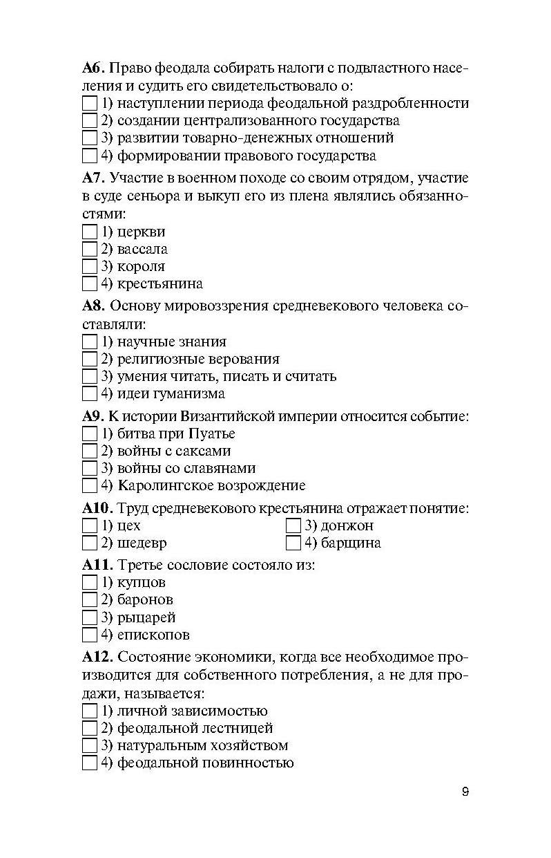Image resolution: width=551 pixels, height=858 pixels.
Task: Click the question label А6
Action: pos(93,68)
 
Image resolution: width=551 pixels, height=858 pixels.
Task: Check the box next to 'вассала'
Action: pos(90,250)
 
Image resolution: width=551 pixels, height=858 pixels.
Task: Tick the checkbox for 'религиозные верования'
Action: pos(90,360)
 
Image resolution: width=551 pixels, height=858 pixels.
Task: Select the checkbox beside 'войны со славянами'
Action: pos(90,469)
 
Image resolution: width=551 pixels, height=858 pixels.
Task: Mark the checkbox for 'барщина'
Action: pos(293,543)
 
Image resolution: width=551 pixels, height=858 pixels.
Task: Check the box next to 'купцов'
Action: pos(90,583)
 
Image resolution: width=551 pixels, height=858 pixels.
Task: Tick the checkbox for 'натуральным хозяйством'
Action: pos(90,746)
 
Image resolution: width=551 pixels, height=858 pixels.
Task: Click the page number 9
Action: pos(465,792)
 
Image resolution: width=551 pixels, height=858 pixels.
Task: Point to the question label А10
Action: pos(97,509)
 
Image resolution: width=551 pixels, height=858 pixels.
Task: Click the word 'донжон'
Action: pos(347,526)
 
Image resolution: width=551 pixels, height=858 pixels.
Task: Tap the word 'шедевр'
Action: pos(142,543)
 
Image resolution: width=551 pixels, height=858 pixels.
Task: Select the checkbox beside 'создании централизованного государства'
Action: pos(90,121)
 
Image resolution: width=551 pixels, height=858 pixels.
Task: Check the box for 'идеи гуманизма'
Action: pos(90,394)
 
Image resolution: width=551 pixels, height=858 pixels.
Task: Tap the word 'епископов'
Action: pos(153,635)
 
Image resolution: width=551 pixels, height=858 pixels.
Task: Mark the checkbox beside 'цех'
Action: pos(90,526)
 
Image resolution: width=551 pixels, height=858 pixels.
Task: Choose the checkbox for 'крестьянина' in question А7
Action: pos(90,284)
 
